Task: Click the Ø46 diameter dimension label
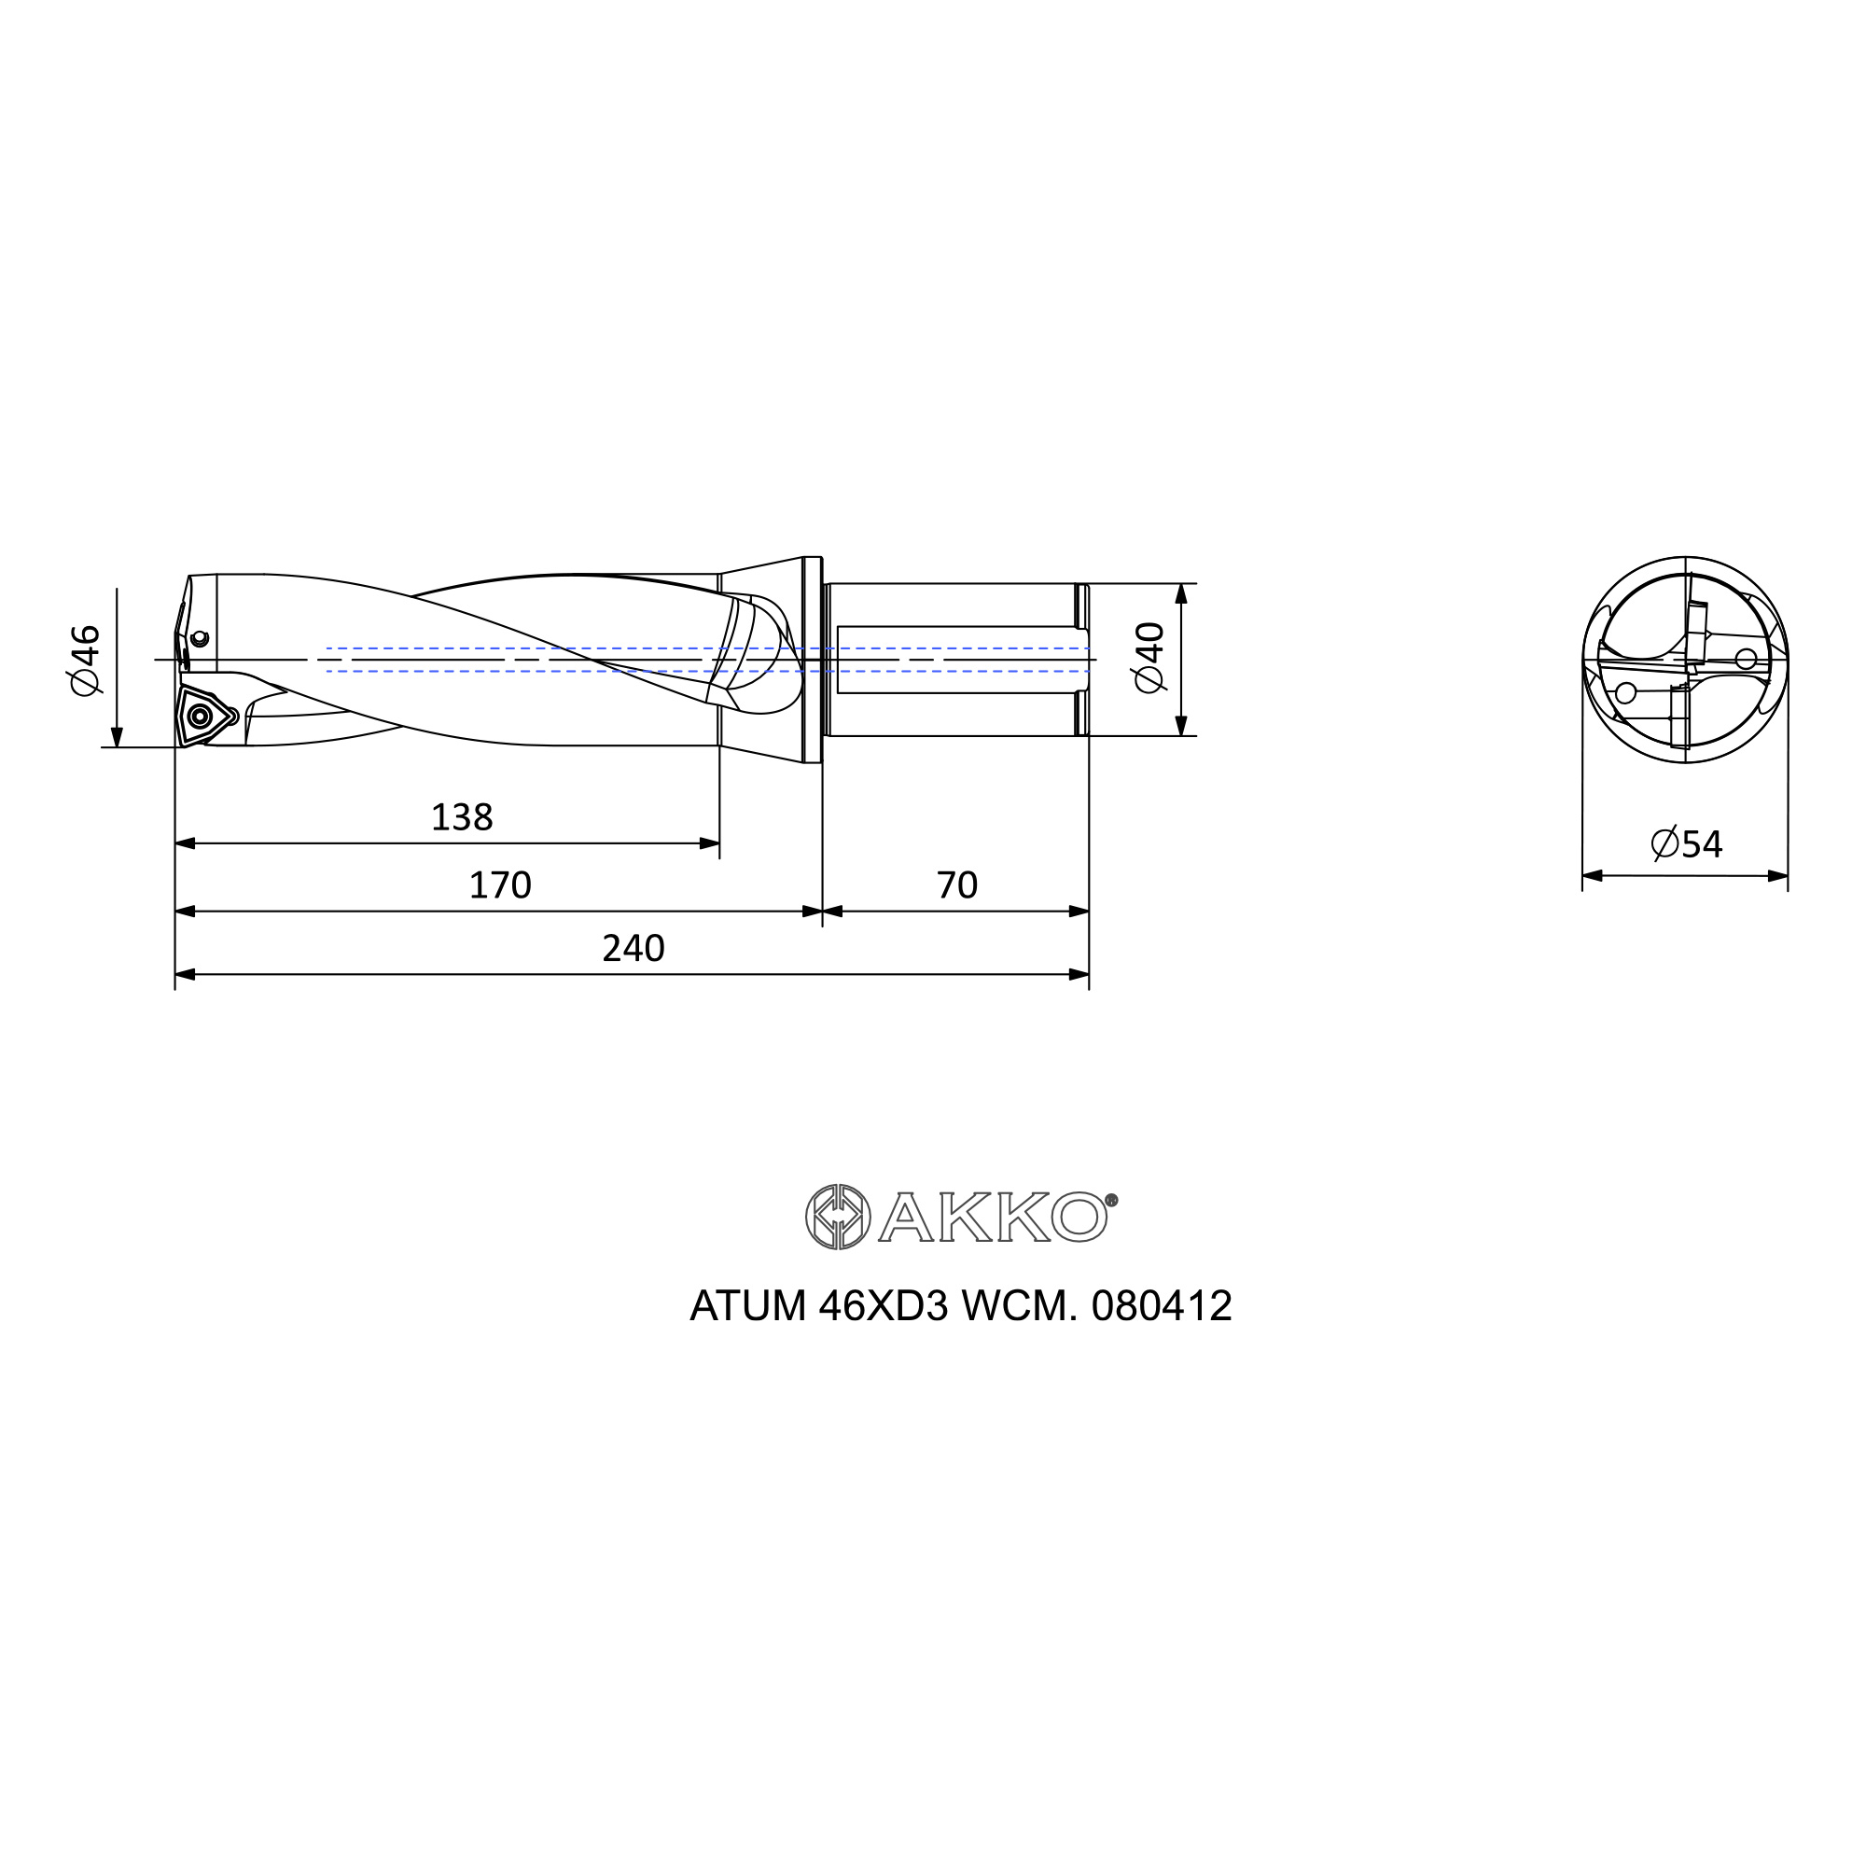click(85, 659)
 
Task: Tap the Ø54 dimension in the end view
click(1686, 844)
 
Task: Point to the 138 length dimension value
click(462, 817)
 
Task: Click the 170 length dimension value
click(500, 884)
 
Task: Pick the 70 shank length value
click(957, 884)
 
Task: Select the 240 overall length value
click(634, 949)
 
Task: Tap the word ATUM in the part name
click(748, 1306)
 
